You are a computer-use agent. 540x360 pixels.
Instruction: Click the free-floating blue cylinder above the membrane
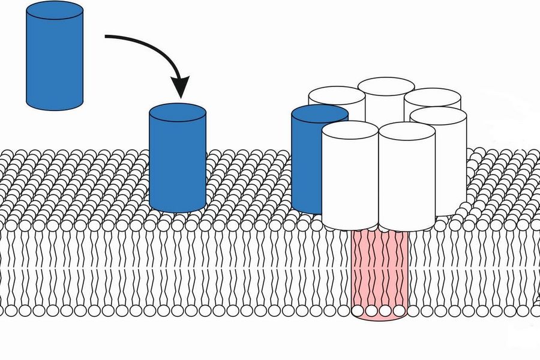[x=54, y=60]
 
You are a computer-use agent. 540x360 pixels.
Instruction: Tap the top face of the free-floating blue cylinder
[x=54, y=11]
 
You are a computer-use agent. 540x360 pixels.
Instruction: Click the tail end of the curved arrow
[x=107, y=37]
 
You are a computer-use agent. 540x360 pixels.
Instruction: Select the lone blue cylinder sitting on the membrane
[x=177, y=162]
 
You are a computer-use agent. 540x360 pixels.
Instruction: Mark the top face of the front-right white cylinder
[x=407, y=132]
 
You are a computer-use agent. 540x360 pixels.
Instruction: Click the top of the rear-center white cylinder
[x=386, y=86]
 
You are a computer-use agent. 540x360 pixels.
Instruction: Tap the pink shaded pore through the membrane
[x=379, y=270]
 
